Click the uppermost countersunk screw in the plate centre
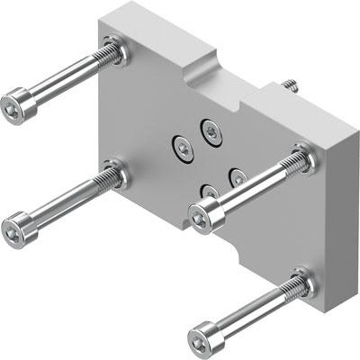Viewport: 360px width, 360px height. click(211, 131)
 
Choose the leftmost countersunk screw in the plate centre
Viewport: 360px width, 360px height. click(181, 147)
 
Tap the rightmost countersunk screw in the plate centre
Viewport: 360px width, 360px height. click(238, 177)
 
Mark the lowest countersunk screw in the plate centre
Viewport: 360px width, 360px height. click(209, 192)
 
